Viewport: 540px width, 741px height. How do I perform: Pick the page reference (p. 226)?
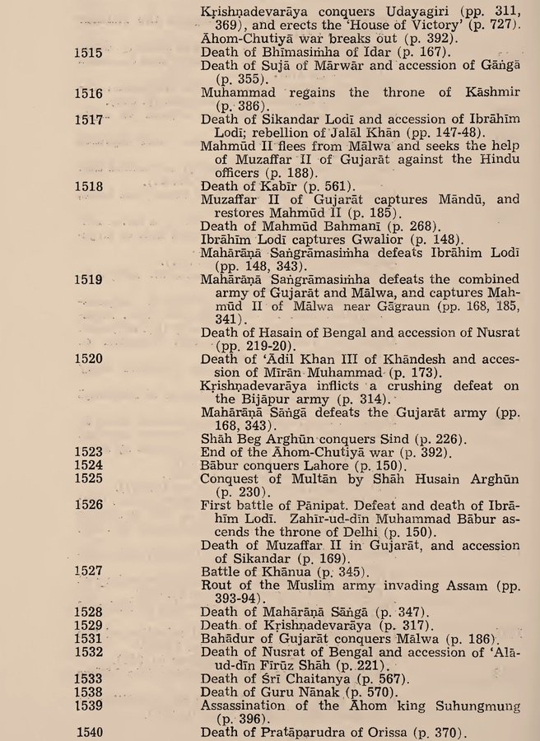click(415, 439)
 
